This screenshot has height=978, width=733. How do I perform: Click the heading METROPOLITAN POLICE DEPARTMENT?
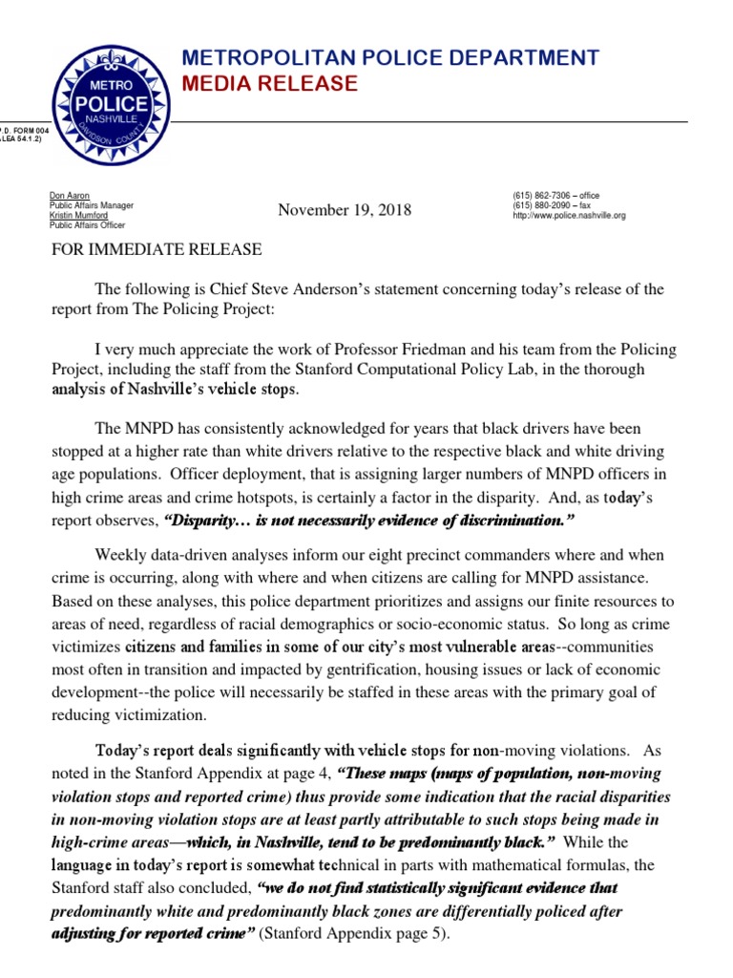[390, 58]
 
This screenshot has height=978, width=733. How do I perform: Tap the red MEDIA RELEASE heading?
[269, 85]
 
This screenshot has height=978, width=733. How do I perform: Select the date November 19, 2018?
[345, 209]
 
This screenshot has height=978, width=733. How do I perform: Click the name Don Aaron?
[70, 196]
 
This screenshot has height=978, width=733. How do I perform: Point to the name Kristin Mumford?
[79, 216]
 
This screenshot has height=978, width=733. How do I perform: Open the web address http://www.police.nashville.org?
[569, 217]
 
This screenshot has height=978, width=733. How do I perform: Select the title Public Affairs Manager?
[92, 206]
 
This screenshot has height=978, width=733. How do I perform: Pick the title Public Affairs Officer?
[89, 226]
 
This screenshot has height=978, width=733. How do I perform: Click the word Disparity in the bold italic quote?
[203, 521]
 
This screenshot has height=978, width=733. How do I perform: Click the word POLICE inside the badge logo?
[113, 103]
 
